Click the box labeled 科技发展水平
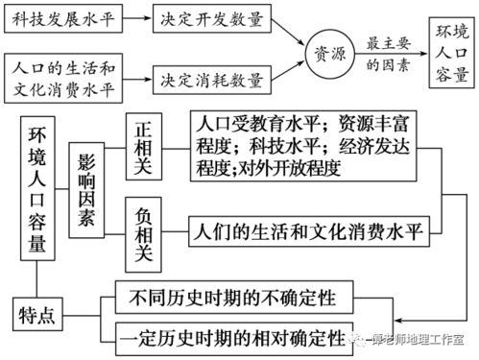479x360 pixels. click(63, 18)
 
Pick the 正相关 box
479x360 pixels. click(146, 144)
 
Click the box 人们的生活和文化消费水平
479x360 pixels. click(309, 230)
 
